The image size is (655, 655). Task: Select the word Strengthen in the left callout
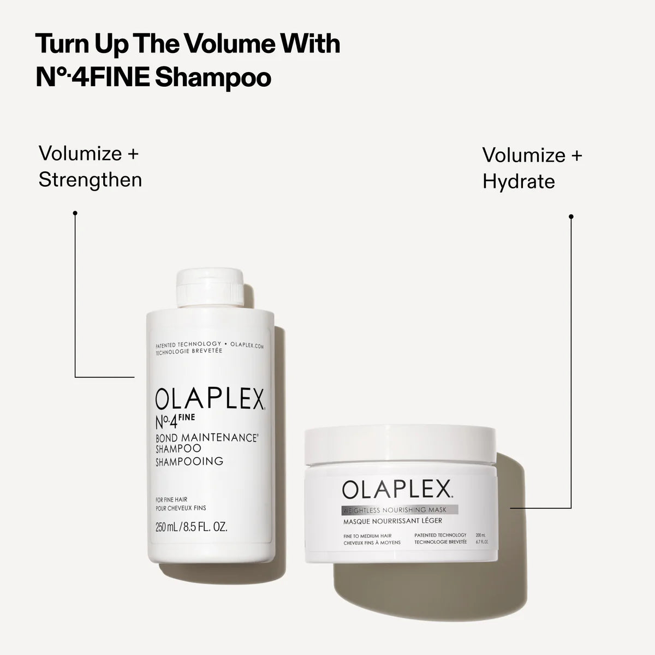(90, 180)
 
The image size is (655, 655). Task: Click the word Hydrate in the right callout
(519, 182)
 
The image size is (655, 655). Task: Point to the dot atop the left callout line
(75, 213)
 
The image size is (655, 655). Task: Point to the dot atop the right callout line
(571, 217)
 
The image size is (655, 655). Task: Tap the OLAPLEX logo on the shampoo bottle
(210, 400)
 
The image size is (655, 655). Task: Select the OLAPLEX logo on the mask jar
(397, 490)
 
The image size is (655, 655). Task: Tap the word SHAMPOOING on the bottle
(189, 461)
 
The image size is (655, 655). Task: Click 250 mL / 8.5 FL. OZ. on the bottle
(191, 528)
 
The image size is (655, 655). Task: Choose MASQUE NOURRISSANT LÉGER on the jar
(392, 521)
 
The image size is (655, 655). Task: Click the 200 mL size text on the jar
(480, 535)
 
